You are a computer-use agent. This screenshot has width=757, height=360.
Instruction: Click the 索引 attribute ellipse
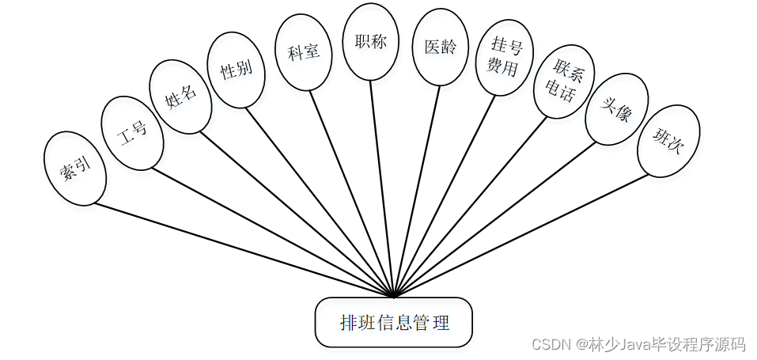click(x=75, y=169)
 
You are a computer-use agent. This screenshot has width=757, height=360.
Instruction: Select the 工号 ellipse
click(x=132, y=133)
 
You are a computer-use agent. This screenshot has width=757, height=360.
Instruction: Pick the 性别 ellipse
click(x=236, y=70)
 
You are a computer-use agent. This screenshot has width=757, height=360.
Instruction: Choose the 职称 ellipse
click(x=369, y=42)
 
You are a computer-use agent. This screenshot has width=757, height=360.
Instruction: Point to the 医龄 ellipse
click(x=440, y=47)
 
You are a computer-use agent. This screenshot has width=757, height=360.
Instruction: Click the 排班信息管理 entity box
click(x=394, y=323)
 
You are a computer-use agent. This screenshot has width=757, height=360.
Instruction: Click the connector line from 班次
click(x=522, y=235)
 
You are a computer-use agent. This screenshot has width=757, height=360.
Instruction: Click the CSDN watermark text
click(x=638, y=344)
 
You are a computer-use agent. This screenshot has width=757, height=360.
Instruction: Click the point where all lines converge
click(x=393, y=297)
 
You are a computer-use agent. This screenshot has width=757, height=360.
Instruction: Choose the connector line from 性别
click(x=320, y=202)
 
